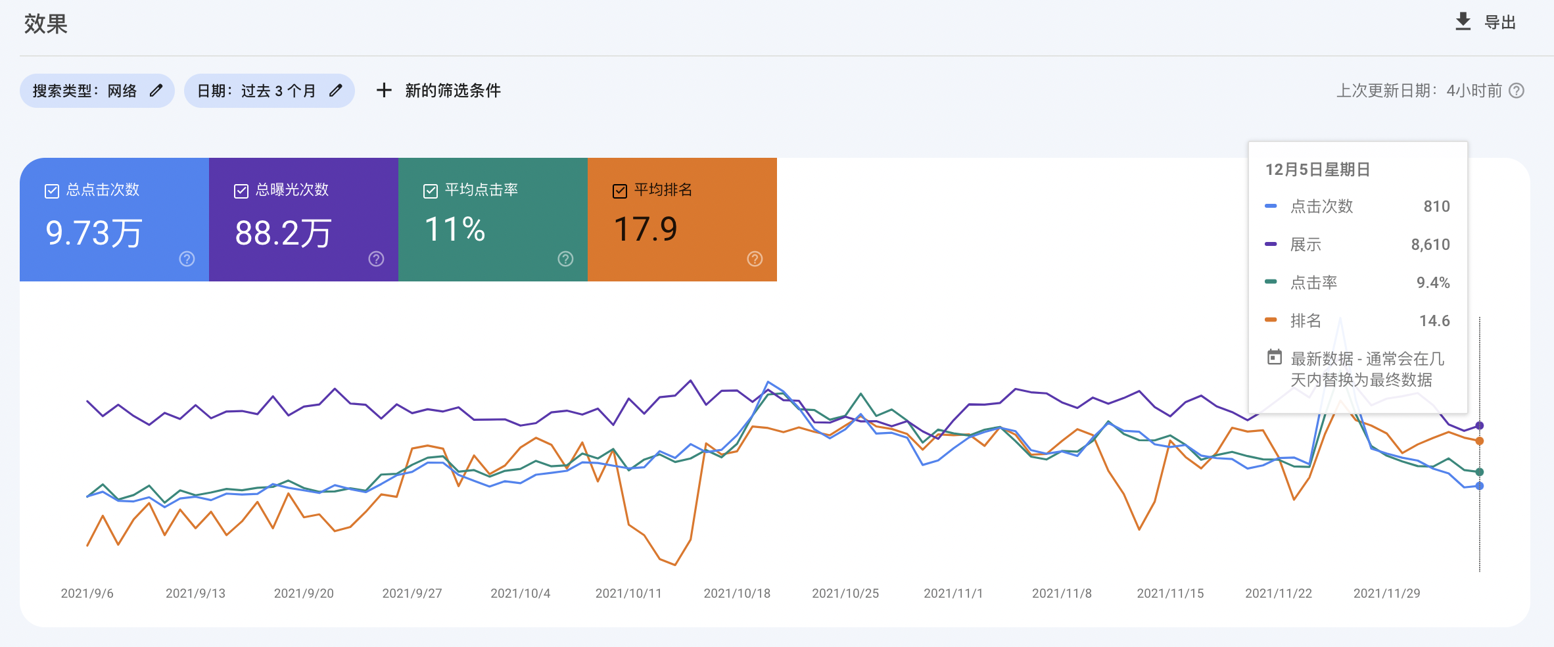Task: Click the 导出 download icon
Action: (x=1463, y=22)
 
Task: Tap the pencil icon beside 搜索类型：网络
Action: (x=156, y=91)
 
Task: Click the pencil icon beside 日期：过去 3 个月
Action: (x=336, y=91)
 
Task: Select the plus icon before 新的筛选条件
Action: (x=384, y=90)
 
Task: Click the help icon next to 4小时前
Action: (x=1517, y=91)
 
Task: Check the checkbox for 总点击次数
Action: (x=52, y=191)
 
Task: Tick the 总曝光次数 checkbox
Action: (x=241, y=191)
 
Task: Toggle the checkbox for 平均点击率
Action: (x=431, y=191)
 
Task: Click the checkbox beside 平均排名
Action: (x=620, y=191)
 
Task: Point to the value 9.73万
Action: (x=94, y=233)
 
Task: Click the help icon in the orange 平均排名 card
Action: (x=755, y=259)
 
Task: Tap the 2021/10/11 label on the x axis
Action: (x=628, y=593)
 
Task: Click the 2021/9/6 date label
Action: (x=87, y=593)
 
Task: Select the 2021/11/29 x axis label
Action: (x=1386, y=593)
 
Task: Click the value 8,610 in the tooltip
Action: (x=1430, y=245)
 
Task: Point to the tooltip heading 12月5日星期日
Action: (x=1317, y=170)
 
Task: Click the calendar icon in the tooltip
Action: (x=1275, y=357)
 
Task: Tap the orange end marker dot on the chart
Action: (x=1479, y=441)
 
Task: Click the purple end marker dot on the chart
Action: (x=1479, y=425)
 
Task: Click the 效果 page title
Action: (x=46, y=24)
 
